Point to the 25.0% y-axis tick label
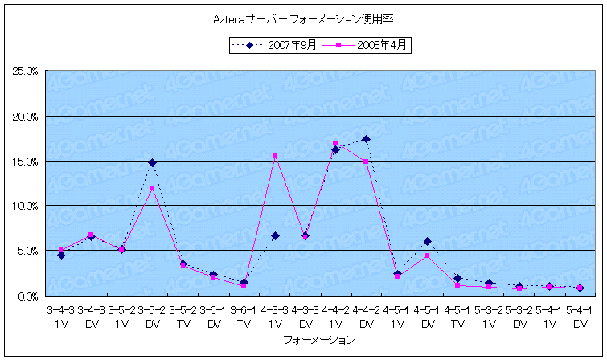[x=25, y=72]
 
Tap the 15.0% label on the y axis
[x=25, y=162]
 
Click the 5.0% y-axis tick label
[x=27, y=252]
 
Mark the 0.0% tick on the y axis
[x=27, y=297]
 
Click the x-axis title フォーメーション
[x=319, y=341]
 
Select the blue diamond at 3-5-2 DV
[x=152, y=162]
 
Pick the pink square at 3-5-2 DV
[x=152, y=188]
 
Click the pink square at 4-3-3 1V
[x=275, y=155]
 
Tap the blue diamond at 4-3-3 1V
[x=275, y=235]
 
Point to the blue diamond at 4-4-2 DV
[x=366, y=139]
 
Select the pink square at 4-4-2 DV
[x=366, y=162]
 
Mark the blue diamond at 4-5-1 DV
[x=428, y=241]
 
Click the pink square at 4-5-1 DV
[x=428, y=256]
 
